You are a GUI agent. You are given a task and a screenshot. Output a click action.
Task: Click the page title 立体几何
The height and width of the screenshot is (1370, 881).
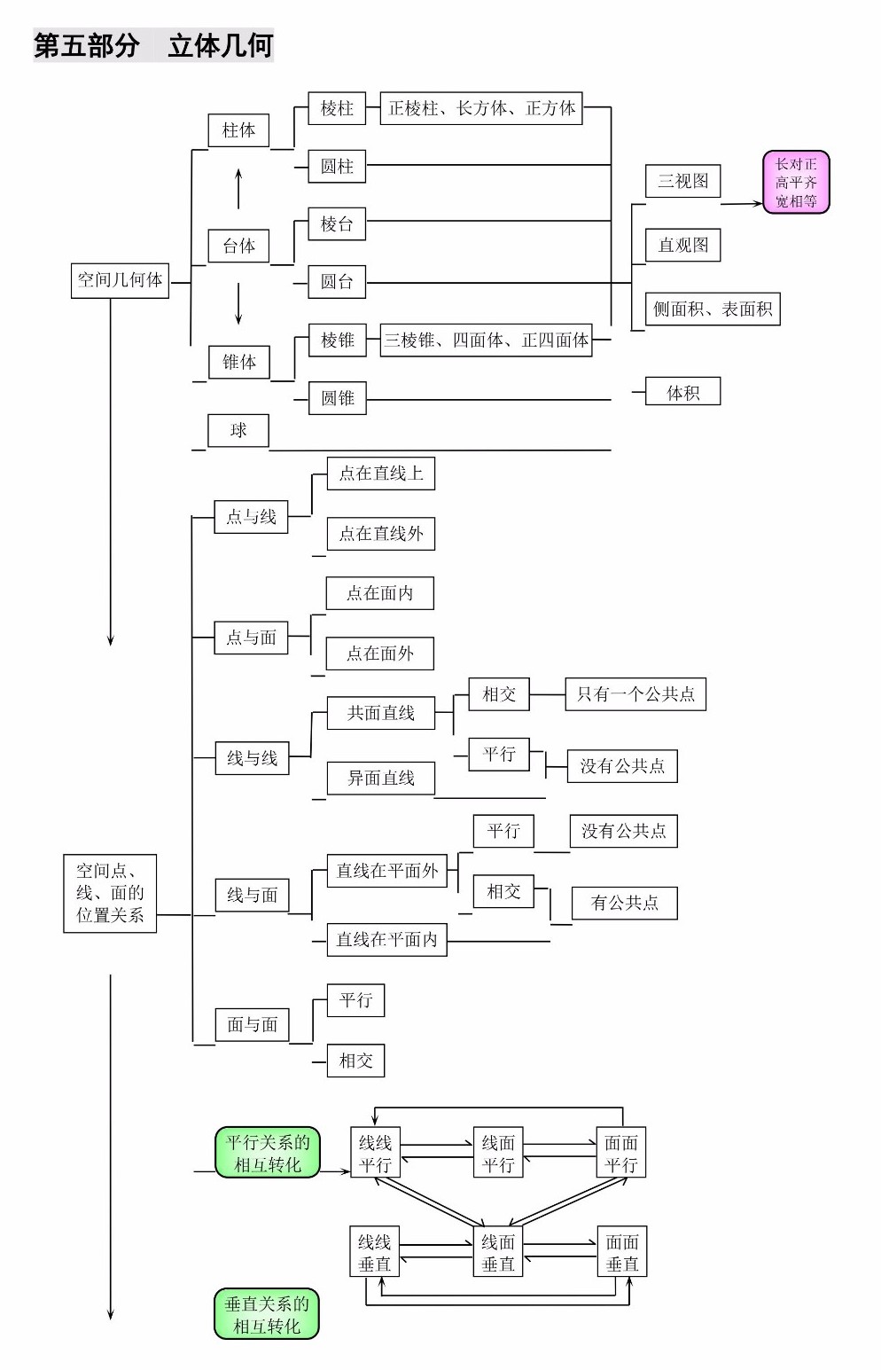[x=220, y=46]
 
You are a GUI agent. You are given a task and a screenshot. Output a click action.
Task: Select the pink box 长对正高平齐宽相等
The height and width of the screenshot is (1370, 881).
[x=796, y=183]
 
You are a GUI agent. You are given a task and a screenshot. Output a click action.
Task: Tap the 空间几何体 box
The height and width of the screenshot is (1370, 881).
[x=120, y=281]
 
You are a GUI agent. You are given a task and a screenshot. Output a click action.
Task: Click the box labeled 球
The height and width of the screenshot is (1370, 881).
[x=238, y=431]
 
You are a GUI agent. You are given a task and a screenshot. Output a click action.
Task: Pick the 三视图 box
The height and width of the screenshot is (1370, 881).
[x=683, y=181]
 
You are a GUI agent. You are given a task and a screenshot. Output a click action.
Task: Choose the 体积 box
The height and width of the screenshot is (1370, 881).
[x=683, y=392]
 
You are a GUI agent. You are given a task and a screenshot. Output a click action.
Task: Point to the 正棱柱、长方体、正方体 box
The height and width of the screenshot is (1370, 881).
[x=481, y=108]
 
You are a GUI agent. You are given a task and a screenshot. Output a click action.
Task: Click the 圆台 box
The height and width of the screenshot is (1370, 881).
[x=337, y=282]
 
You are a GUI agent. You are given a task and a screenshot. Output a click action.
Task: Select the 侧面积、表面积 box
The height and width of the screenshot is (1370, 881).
[x=713, y=309]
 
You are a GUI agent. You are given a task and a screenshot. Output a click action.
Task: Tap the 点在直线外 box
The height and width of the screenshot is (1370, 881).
[x=381, y=534]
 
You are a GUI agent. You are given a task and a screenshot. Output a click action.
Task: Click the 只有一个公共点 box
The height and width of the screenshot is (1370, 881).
[x=635, y=694]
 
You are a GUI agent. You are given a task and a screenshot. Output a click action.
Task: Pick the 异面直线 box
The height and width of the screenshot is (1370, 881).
[x=381, y=778]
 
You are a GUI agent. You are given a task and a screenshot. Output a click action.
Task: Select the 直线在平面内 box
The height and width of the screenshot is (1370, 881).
[x=387, y=939]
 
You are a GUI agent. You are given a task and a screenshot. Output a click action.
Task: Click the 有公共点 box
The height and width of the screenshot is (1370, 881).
[x=625, y=903]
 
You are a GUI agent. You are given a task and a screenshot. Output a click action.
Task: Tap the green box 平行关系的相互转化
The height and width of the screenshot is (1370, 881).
[x=268, y=1152]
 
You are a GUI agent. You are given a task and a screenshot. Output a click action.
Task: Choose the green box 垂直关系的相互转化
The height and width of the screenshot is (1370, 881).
[x=267, y=1314]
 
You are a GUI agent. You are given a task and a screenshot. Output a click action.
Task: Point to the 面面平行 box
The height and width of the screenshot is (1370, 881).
[x=621, y=1152]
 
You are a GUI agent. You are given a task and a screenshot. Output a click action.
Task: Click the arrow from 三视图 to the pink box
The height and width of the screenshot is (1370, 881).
[x=742, y=204]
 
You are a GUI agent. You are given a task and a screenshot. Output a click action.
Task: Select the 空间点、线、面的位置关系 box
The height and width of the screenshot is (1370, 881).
[x=110, y=893]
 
